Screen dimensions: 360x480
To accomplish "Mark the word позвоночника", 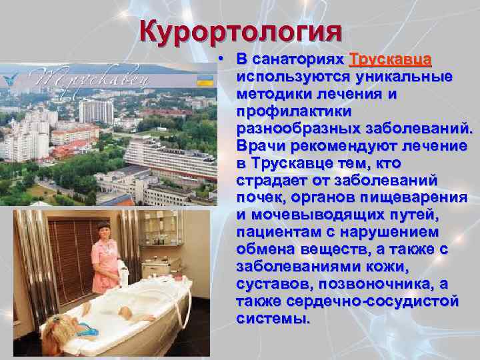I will pos(373,284).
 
